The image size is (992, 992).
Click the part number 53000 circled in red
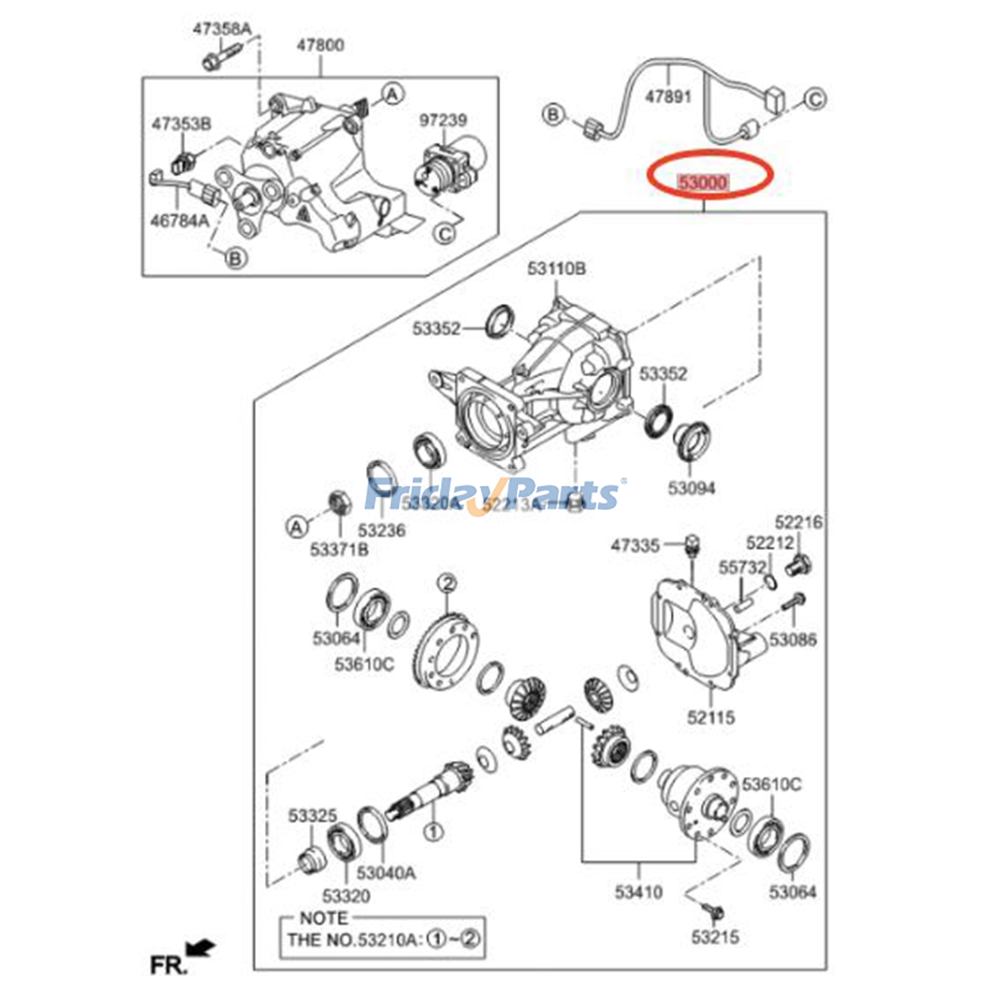pos(702,182)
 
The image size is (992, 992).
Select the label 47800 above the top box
pos(320,45)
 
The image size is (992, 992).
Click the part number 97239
pos(443,120)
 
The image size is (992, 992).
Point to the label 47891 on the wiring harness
pos(668,97)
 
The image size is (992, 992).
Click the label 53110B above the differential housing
pos(556,268)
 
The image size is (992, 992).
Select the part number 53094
pos(691,488)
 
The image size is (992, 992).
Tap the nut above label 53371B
pos(339,502)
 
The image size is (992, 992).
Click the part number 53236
pos(381,531)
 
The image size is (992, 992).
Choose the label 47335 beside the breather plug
pos(635,546)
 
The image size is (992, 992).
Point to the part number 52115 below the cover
pos(711,717)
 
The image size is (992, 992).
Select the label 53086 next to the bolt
pos(792,639)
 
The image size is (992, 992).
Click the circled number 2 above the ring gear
pos(447,583)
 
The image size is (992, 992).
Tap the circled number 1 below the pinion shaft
pos(433,831)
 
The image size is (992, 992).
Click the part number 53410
pos(639,892)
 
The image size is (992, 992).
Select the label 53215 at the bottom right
pos(715,937)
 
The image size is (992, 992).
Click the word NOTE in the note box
pos(324,918)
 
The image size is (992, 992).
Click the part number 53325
pos(312,816)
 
